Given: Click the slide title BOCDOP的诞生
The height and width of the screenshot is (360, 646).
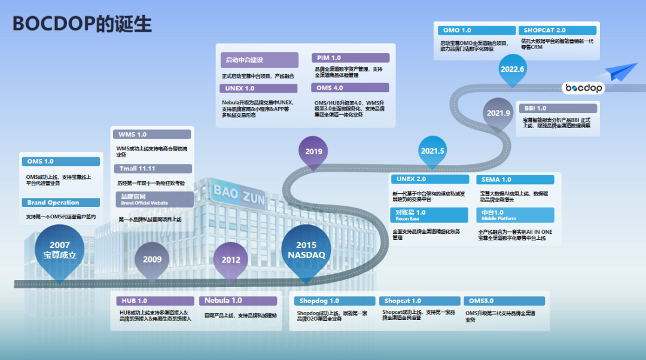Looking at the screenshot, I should click(x=83, y=24).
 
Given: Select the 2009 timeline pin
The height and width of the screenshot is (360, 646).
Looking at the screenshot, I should click(x=152, y=260).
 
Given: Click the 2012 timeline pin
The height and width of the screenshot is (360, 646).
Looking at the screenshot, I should click(x=231, y=260).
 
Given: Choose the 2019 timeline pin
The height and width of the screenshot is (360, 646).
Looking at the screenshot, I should click(x=313, y=152).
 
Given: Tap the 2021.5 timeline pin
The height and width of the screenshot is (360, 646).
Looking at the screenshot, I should click(x=432, y=151).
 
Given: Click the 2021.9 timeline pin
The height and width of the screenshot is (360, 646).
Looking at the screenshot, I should click(x=498, y=113).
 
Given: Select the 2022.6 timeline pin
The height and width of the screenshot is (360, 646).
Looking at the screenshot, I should click(x=513, y=69).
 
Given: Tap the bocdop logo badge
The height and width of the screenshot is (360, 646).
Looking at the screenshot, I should click(x=584, y=89).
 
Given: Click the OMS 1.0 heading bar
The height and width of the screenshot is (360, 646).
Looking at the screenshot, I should click(x=60, y=161).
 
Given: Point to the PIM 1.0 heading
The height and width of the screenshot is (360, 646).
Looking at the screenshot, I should click(x=351, y=58).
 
